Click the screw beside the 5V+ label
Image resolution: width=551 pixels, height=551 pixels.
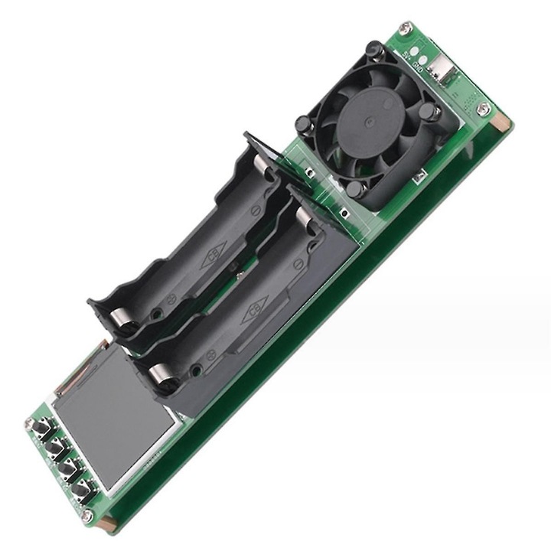pos(406,28)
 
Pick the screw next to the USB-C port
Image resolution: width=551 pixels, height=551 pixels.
pos(482,109)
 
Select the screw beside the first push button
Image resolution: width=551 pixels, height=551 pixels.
pos(30,423)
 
